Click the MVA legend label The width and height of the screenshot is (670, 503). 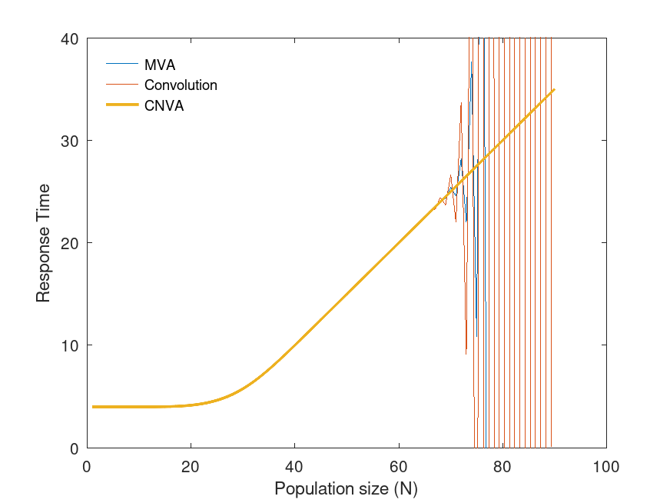pyautogui.click(x=160, y=65)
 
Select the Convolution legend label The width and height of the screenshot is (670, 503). pyautogui.click(x=181, y=85)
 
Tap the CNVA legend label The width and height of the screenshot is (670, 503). pyautogui.click(x=164, y=106)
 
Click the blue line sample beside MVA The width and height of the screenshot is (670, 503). pyautogui.click(x=121, y=64)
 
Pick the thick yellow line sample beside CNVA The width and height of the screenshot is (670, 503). pyautogui.click(x=121, y=105)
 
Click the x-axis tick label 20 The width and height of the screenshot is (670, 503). pyautogui.click(x=191, y=466)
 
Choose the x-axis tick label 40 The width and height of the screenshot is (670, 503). pyautogui.click(x=294, y=466)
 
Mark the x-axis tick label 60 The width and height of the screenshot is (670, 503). pyautogui.click(x=399, y=466)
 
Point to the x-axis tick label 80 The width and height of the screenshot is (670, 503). pyautogui.click(x=502, y=466)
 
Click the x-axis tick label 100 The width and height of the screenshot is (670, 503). pyautogui.click(x=606, y=466)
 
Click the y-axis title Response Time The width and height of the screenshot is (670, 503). pyautogui.click(x=44, y=243)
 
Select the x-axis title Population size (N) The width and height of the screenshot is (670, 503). pyautogui.click(x=346, y=488)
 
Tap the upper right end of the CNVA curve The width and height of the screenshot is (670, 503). pyautogui.click(x=554, y=89)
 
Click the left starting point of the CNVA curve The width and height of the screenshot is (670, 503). pyautogui.click(x=93, y=407)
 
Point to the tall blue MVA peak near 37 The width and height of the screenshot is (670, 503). pyautogui.click(x=472, y=73)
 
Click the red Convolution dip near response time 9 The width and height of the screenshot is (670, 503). pyautogui.click(x=466, y=354)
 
